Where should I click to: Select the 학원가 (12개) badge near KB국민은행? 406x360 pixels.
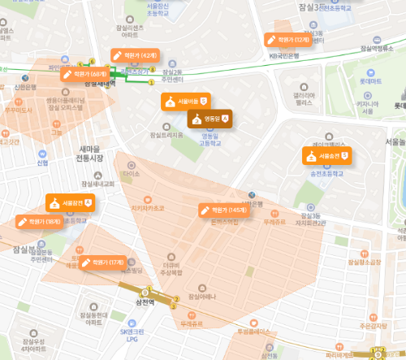pos(287,39)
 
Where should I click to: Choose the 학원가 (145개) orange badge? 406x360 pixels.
pos(227,210)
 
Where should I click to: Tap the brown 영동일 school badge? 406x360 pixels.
pos(210,119)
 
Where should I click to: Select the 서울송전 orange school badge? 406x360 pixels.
pos(326,154)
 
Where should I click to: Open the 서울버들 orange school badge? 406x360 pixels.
pos(186,102)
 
